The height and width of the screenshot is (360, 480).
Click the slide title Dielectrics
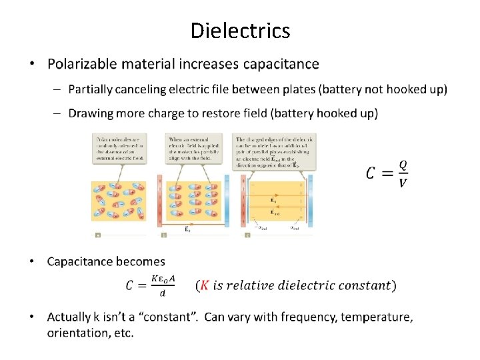(240, 31)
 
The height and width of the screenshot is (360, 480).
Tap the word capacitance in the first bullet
(281, 65)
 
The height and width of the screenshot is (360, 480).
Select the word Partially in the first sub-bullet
(90, 89)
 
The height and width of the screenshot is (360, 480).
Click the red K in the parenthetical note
(205, 285)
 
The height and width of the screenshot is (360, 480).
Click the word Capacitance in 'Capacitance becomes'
(82, 261)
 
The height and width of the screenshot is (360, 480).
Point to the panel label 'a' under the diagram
(98, 235)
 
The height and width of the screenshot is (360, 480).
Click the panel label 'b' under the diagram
(164, 235)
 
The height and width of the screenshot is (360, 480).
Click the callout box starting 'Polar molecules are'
(119, 148)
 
